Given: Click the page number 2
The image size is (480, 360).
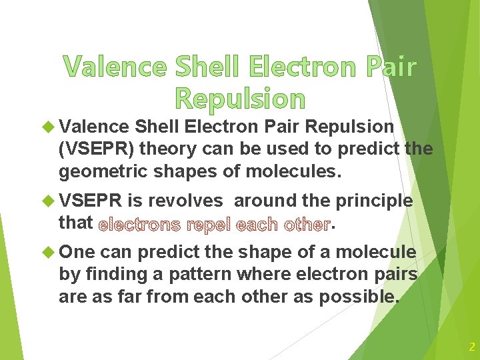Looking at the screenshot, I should click(471, 347).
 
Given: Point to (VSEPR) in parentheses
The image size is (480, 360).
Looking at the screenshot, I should click(97, 149).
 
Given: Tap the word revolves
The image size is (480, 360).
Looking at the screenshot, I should click(188, 201).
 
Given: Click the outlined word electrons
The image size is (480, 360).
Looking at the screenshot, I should click(139, 224).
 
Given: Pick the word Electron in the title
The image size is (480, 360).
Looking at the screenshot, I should click(296, 67).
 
